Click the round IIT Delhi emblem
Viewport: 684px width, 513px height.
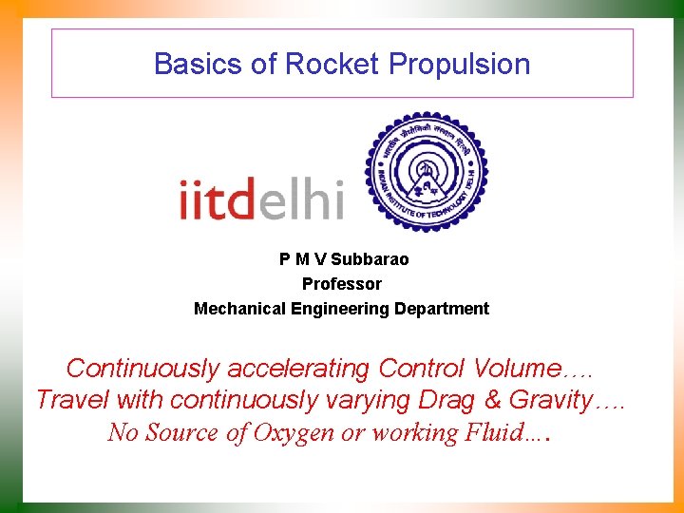(427, 173)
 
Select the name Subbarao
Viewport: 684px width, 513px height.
(370, 259)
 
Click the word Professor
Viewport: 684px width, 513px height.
(342, 284)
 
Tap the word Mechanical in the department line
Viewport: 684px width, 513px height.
(237, 309)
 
